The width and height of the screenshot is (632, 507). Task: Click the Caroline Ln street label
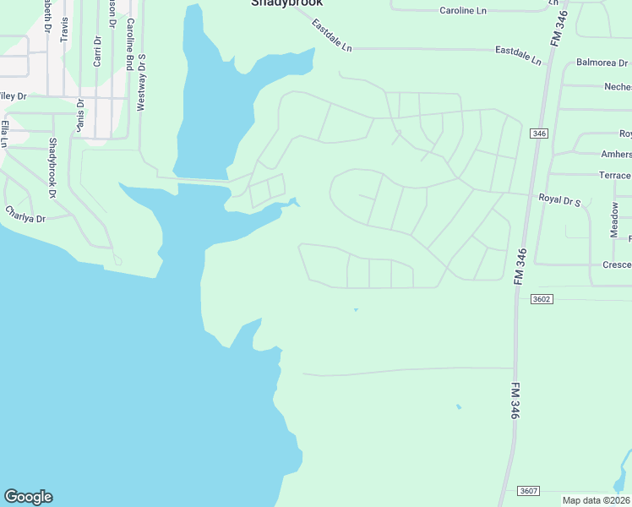(464, 11)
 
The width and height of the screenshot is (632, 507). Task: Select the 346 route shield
(538, 134)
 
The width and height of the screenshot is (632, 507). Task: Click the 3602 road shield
(542, 299)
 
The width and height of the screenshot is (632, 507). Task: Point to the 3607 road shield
(529, 491)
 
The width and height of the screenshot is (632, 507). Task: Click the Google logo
(28, 497)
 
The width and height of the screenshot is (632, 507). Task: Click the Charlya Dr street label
(25, 214)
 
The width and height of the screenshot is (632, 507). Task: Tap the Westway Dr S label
(142, 83)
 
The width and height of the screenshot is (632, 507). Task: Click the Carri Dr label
(97, 51)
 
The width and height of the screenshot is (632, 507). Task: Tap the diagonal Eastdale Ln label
(331, 36)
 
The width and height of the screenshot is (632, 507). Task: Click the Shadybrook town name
(286, 3)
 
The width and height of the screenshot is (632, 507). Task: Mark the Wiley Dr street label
(12, 96)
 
